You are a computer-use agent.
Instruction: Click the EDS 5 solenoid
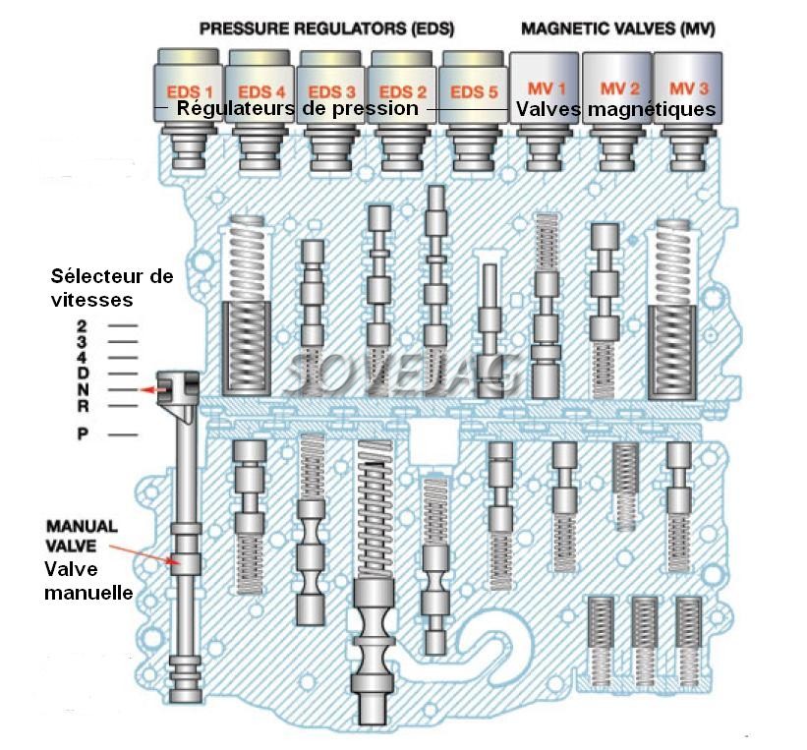475,90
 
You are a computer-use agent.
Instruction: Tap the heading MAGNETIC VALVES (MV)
617,29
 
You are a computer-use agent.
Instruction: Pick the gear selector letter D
84,373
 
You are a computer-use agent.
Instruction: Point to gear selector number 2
84,324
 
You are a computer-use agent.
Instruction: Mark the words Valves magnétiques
615,109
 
